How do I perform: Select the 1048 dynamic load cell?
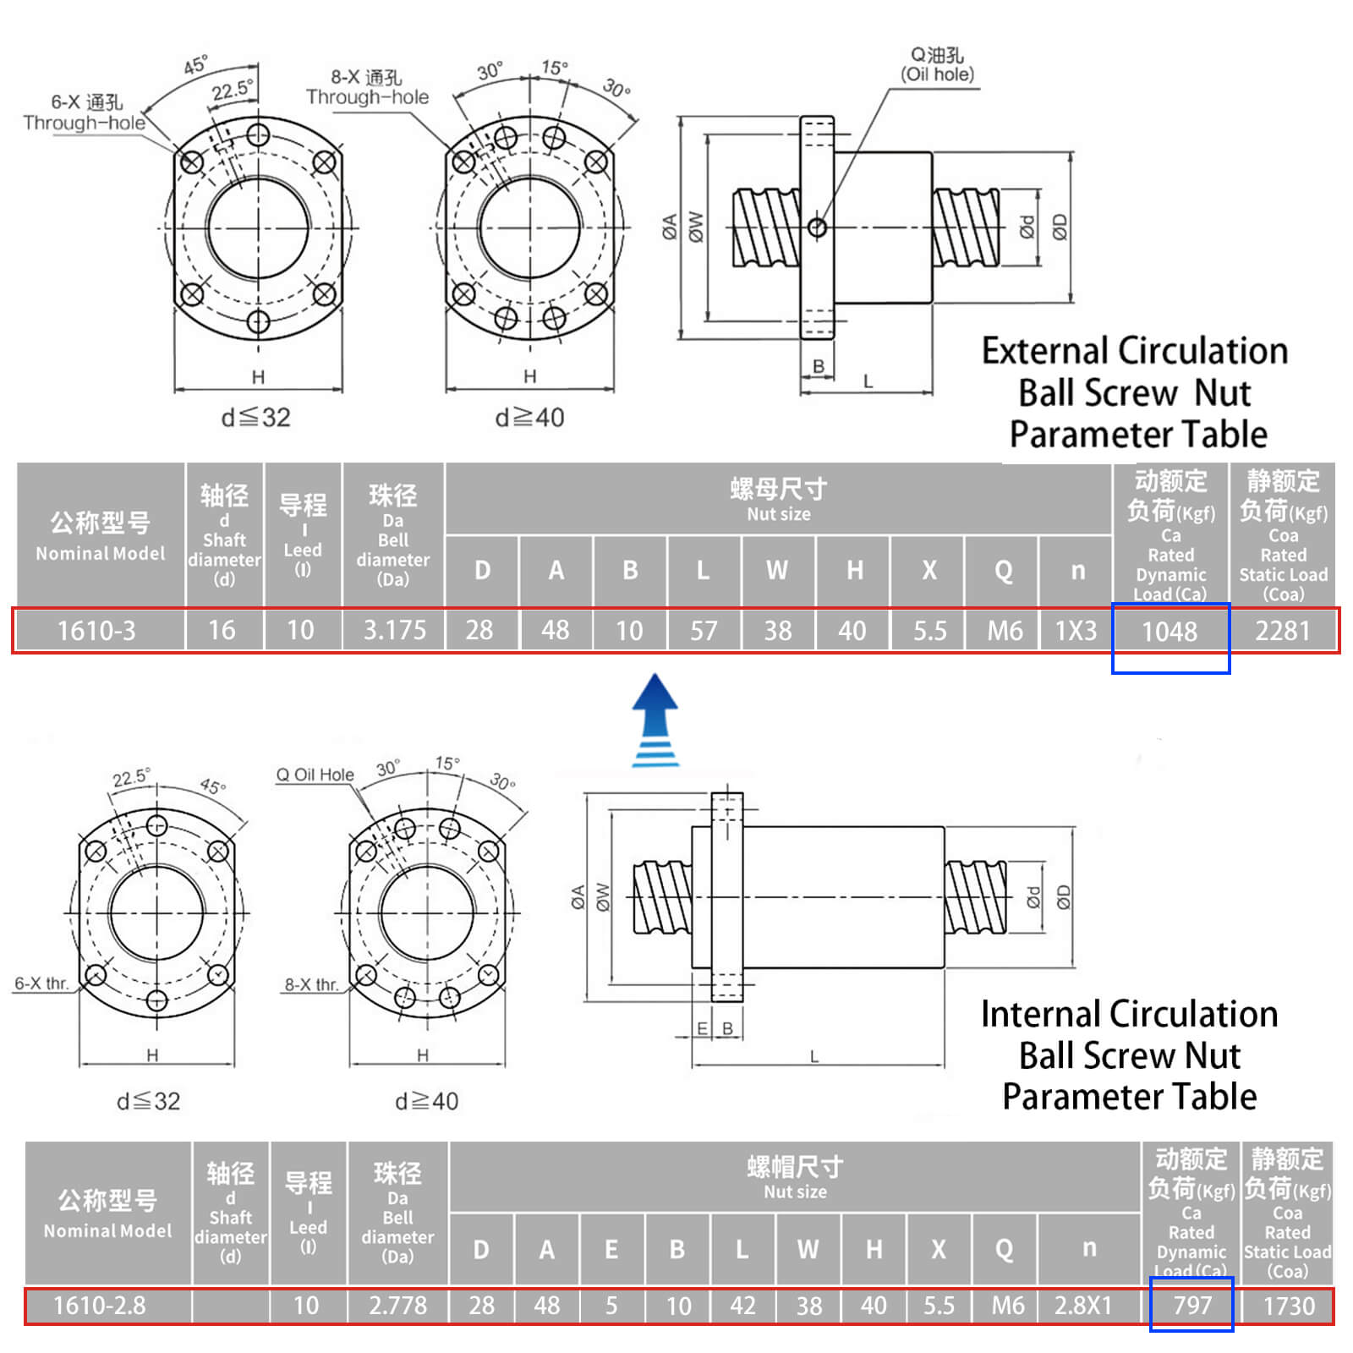tap(1169, 631)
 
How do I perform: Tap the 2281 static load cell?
tap(1282, 631)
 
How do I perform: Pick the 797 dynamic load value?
tap(1192, 1306)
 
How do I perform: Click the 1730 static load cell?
tap(1289, 1306)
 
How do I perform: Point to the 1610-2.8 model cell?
tap(100, 1306)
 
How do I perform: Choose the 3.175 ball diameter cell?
tap(394, 631)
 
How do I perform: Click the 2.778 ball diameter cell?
tap(397, 1306)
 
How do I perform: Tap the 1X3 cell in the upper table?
tap(1076, 631)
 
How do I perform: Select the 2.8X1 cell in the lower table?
tap(1082, 1306)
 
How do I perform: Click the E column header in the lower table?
tap(611, 1249)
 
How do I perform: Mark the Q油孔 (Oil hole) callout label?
tap(937, 64)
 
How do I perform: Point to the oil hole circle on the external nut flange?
tap(817, 227)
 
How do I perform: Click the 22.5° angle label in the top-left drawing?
tap(232, 89)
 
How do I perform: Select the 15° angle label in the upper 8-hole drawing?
tap(555, 68)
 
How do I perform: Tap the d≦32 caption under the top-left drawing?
tap(255, 417)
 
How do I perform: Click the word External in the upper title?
tap(1044, 351)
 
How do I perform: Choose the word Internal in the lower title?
tap(1038, 1014)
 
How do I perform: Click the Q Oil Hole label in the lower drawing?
tap(315, 775)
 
